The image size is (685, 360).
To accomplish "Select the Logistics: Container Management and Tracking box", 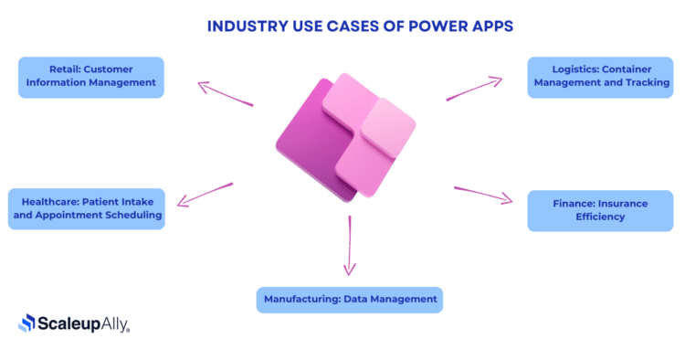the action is [x=599, y=77].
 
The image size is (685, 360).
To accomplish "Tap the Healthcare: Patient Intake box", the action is [x=86, y=208].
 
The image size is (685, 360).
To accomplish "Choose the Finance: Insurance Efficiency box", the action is [x=599, y=211].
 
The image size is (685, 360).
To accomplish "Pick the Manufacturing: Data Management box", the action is [x=350, y=300].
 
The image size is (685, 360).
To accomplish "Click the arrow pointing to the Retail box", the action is [x=225, y=94].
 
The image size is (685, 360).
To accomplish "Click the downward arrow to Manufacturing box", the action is [x=349, y=245].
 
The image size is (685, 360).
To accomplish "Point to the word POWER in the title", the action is [x=426, y=26].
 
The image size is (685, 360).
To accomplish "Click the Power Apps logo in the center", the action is [x=344, y=137].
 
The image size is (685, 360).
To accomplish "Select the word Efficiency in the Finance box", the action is [x=599, y=217].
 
